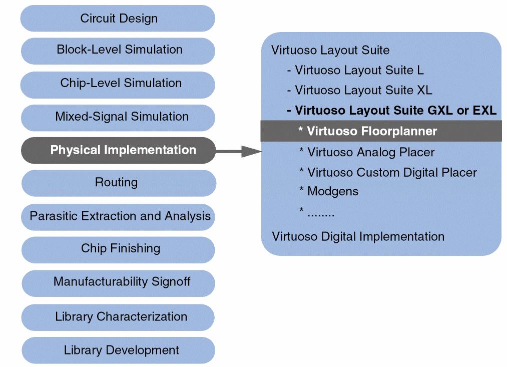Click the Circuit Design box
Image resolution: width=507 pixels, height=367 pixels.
coord(118,19)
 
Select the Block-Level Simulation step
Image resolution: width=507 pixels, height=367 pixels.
coord(118,50)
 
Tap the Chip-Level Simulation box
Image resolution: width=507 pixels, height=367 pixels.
coord(118,83)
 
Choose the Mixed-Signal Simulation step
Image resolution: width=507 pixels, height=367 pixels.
coord(118,117)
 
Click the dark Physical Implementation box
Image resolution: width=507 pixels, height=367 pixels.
coord(118,150)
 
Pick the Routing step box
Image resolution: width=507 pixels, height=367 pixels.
coord(118,183)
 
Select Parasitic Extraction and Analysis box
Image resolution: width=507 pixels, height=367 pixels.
coord(119,216)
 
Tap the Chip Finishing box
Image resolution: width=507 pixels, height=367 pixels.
coord(118,249)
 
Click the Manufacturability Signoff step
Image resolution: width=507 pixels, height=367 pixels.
coord(119,282)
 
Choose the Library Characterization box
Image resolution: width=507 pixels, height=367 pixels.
coord(119,317)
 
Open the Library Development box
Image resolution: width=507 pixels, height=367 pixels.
coord(119,350)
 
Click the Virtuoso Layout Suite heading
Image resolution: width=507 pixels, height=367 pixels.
coord(330,51)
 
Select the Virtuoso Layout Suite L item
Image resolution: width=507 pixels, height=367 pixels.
coord(355,71)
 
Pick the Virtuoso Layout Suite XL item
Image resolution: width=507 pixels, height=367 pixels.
coord(359,91)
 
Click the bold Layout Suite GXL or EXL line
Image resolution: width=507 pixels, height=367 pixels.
coord(391,111)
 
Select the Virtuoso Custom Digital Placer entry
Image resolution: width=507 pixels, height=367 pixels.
coord(388,173)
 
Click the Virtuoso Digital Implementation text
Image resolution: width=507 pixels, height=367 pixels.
coord(358,236)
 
